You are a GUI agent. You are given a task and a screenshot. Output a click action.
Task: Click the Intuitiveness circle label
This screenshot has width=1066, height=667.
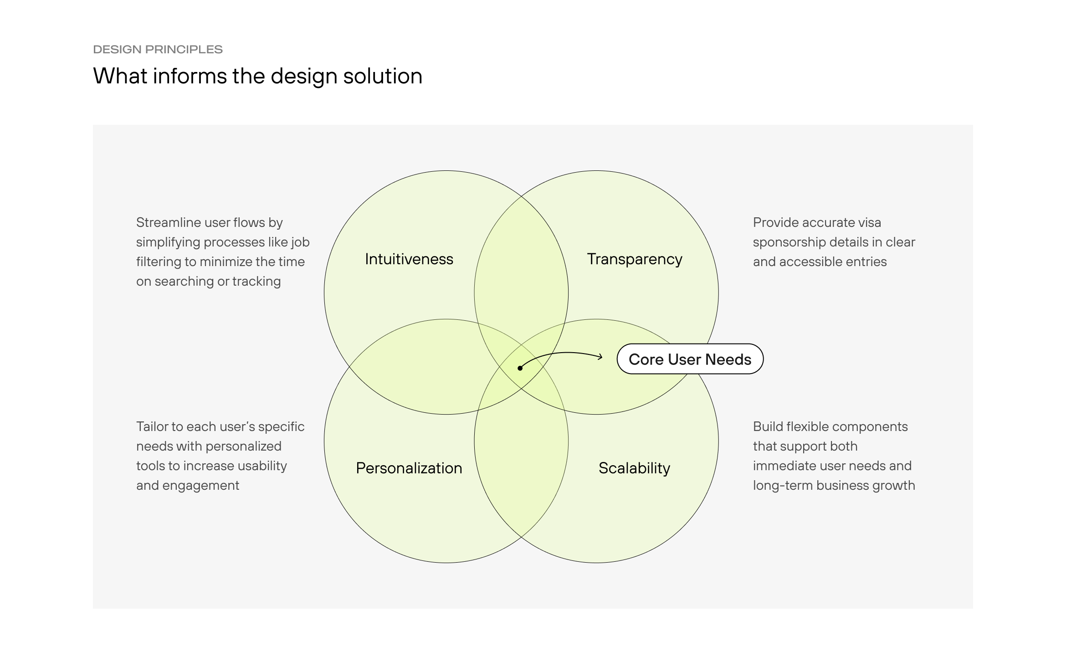coord(409,259)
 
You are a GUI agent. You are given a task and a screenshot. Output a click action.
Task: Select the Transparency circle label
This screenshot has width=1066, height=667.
coord(634,259)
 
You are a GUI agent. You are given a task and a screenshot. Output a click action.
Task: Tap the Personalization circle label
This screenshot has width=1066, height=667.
coord(409,468)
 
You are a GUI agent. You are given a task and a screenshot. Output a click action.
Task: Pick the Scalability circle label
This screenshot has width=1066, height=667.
coord(634,468)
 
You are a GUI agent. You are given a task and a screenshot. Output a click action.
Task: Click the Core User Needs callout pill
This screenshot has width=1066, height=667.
coord(690,359)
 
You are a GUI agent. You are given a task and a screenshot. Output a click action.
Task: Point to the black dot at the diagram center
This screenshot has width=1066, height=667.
coord(520,368)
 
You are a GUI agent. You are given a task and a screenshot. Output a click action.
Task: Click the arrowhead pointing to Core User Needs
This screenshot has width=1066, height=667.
coord(600,357)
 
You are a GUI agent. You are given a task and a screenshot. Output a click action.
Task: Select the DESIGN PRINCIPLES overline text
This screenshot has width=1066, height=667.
coord(158,49)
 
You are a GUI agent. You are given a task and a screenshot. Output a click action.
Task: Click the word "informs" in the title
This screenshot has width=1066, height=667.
coord(190,76)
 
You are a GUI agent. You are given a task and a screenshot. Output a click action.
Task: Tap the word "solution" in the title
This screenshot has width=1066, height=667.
coord(383,76)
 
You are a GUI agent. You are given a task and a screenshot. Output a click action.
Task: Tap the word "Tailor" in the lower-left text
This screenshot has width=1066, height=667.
coord(152,426)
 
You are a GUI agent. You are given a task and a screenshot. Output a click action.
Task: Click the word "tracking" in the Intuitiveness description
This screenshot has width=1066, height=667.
coord(256,281)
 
